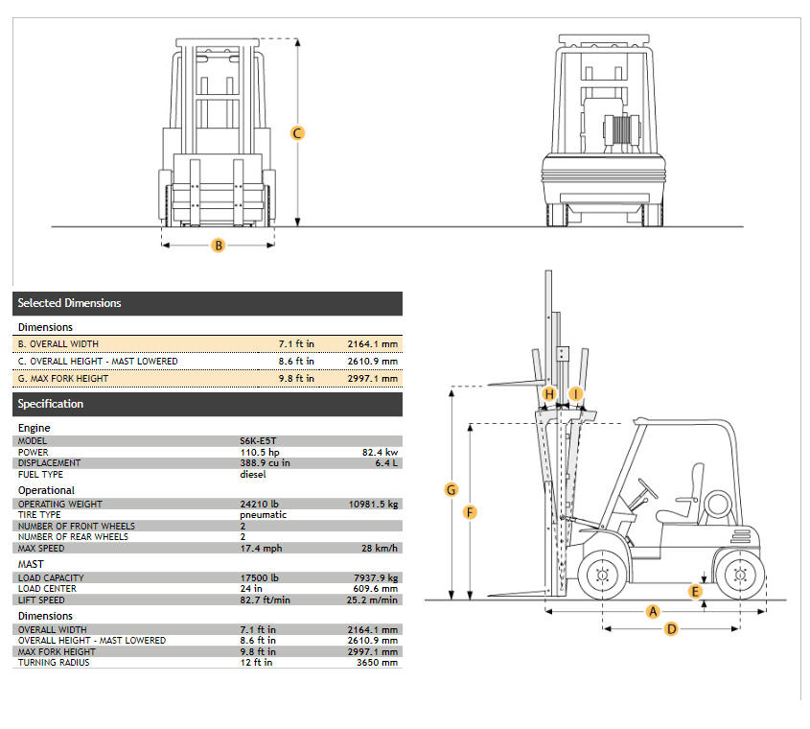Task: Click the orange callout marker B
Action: point(219,245)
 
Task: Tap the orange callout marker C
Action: point(297,133)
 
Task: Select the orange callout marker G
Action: point(451,489)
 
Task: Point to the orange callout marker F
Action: point(470,512)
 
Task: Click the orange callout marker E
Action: point(695,592)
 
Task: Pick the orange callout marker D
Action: point(672,628)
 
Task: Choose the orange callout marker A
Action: point(653,612)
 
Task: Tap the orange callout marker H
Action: point(549,394)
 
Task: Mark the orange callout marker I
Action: point(575,394)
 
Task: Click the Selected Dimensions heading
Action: point(69,303)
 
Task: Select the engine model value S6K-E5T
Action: point(258,441)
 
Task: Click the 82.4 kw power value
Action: point(380,453)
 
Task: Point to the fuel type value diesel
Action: point(253,474)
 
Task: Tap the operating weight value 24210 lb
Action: point(259,504)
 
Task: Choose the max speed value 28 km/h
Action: point(380,548)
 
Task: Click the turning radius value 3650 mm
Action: point(377,662)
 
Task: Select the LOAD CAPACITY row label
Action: point(51,577)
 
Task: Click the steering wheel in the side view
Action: point(648,488)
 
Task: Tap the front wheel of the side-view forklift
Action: point(602,575)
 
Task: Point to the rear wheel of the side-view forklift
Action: point(739,575)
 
